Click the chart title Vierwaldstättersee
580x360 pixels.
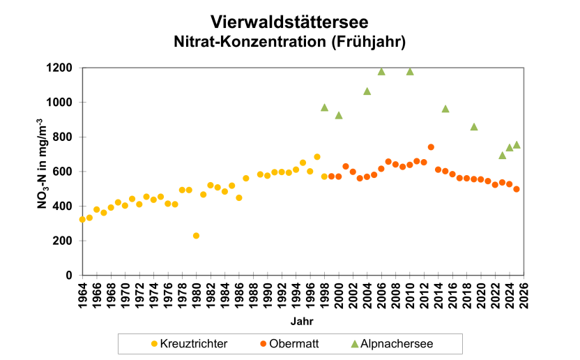(289, 22)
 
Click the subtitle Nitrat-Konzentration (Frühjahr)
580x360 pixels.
(289, 42)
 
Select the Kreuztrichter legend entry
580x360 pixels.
(189, 343)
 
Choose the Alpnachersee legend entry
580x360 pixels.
(391, 343)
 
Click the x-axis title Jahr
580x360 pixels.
(302, 322)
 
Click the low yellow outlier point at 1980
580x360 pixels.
(196, 236)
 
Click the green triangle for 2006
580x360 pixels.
(381, 71)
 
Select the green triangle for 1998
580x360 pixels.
(324, 107)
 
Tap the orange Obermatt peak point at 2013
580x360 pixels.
(431, 147)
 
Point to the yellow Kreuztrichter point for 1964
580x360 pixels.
(82, 219)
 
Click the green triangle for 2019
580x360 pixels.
(474, 127)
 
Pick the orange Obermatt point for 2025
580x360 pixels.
(517, 189)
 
